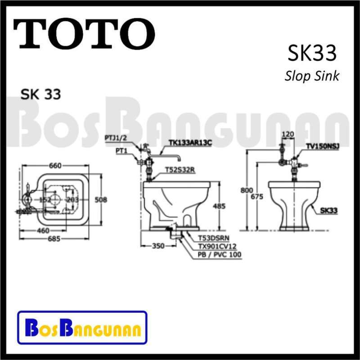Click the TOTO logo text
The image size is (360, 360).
(84, 34)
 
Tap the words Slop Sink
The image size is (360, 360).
(311, 75)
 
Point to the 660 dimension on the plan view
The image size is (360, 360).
(55, 166)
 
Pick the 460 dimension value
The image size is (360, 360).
(43, 230)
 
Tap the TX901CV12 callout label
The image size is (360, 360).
(217, 246)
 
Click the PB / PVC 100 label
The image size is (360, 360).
(220, 255)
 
